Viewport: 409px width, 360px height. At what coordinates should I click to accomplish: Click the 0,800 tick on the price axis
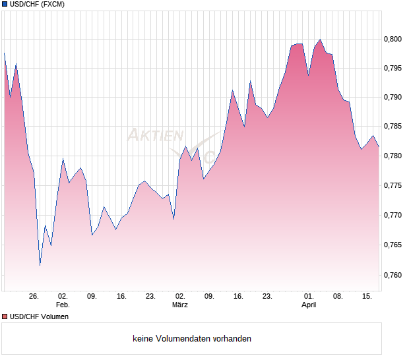click(393, 39)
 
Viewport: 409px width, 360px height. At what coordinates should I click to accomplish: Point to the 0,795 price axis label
click(393, 69)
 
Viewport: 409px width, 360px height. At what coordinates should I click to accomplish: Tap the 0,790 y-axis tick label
click(393, 98)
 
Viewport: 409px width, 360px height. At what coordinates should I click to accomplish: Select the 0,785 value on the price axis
click(393, 127)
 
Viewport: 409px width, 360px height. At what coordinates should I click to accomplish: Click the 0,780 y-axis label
click(393, 156)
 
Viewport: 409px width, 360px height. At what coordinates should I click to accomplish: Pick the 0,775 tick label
click(393, 186)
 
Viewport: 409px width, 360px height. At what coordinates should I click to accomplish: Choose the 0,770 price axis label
click(393, 216)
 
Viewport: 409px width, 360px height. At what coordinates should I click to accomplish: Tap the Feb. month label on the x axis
click(63, 305)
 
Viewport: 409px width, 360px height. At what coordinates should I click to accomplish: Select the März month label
click(180, 305)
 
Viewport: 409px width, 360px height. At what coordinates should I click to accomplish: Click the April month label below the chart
click(309, 305)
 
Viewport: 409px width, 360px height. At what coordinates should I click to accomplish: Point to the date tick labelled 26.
click(34, 296)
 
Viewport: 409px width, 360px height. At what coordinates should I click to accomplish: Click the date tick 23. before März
click(150, 296)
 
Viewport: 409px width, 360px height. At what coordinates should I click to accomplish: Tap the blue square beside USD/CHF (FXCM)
click(5, 5)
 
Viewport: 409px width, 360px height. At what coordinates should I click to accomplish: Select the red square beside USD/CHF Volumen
click(5, 316)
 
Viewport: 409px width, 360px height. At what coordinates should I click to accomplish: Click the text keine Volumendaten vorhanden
click(192, 339)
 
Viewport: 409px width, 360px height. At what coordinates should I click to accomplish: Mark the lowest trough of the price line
click(40, 265)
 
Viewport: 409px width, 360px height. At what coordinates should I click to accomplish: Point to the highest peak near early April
click(320, 40)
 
